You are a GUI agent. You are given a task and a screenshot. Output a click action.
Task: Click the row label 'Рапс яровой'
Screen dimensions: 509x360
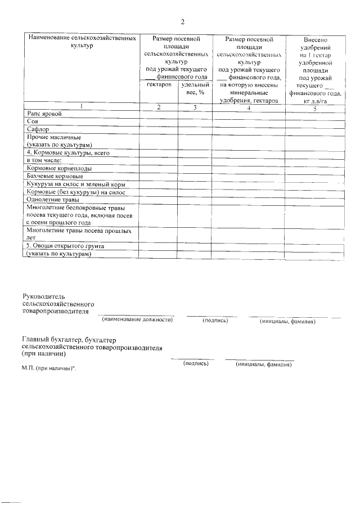[43, 113]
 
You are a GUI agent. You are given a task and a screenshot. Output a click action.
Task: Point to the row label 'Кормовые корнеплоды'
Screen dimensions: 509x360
[59, 168]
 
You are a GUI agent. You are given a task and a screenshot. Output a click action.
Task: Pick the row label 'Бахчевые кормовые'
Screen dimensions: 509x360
[55, 176]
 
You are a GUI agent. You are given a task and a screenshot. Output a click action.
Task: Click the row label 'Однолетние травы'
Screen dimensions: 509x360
[52, 200]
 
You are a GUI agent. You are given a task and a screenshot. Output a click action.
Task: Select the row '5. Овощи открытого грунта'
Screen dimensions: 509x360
[65, 246]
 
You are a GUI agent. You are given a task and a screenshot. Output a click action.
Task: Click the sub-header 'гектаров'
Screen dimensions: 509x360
[159, 84]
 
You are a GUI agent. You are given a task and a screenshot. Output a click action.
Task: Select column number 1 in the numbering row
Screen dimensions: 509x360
[80, 106]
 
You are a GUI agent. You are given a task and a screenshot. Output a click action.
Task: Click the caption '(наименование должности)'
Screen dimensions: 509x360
[137, 321]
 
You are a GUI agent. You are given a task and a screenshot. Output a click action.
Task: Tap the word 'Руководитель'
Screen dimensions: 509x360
[44, 296]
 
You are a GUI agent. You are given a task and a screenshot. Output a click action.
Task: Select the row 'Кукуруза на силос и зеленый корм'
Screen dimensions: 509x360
[75, 184]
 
